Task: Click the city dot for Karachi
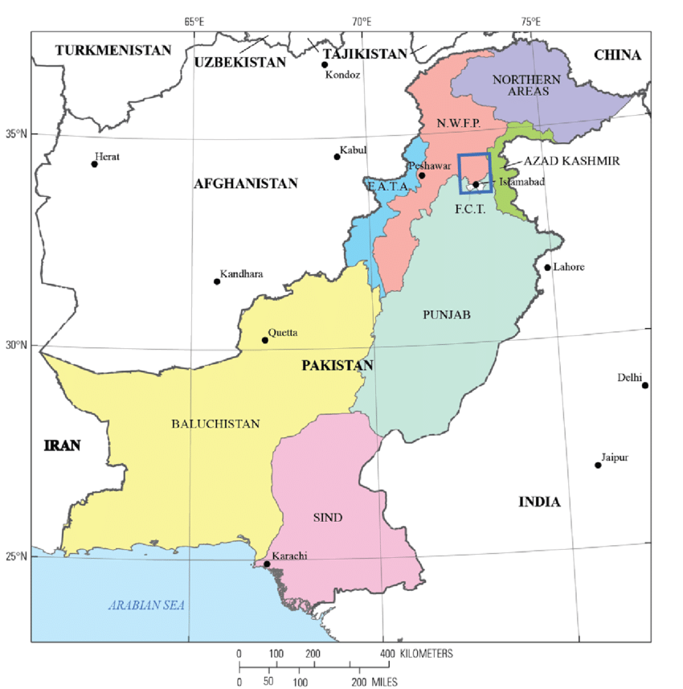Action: (x=267, y=564)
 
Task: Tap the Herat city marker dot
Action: (x=94, y=164)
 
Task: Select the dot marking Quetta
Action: (x=264, y=340)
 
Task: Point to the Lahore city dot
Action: (x=547, y=268)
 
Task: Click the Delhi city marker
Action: (x=644, y=385)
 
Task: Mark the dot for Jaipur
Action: (x=598, y=465)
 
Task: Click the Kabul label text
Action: (x=353, y=150)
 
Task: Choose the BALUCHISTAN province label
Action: (x=215, y=424)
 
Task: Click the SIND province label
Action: (x=327, y=518)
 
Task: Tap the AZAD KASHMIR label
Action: (x=571, y=161)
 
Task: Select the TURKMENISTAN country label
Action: (x=113, y=50)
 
